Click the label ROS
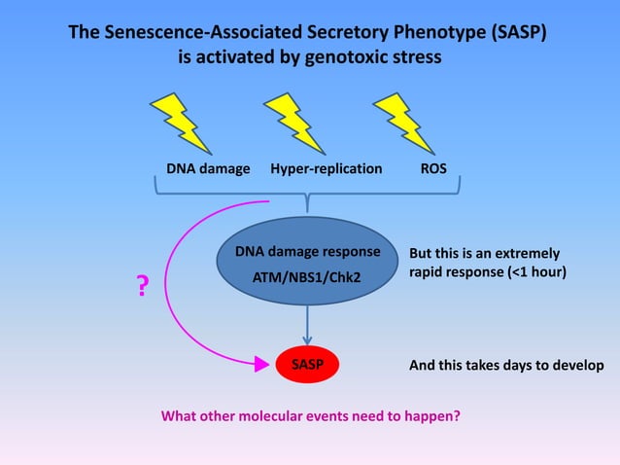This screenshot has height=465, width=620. click(x=433, y=168)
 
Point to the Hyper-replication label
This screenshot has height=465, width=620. click(x=326, y=168)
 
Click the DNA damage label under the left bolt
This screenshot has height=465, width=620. click(x=208, y=168)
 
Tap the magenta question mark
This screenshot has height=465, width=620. click(x=142, y=286)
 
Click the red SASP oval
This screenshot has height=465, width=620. click(x=308, y=366)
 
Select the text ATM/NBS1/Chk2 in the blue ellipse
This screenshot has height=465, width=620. click(x=307, y=277)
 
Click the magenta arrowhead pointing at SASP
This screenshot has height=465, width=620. click(x=260, y=366)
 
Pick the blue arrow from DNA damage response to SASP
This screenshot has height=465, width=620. click(x=308, y=323)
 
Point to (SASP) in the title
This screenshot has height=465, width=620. click(x=514, y=32)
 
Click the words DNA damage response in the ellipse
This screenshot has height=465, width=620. click(x=307, y=252)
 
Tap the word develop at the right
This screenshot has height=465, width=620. click(x=578, y=366)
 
